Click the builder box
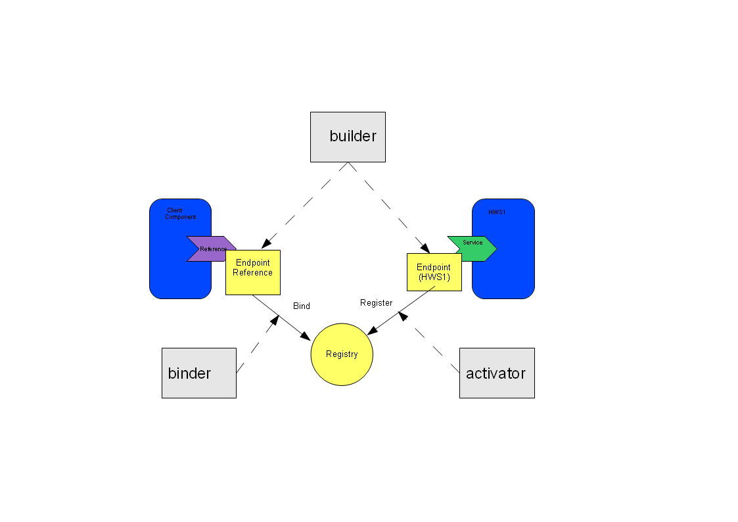pyautogui.click(x=348, y=137)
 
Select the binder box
pyautogui.click(x=199, y=373)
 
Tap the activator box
pyautogui.click(x=497, y=373)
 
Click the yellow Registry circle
pyautogui.click(x=342, y=354)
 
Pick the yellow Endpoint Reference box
pyautogui.click(x=253, y=273)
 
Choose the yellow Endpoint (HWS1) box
pyautogui.click(x=434, y=273)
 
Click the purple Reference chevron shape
pyautogui.click(x=207, y=249)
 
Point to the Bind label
pyautogui.click(x=302, y=306)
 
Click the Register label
pyautogui.click(x=376, y=302)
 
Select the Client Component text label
pyautogui.click(x=180, y=214)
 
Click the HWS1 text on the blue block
pyautogui.click(x=497, y=212)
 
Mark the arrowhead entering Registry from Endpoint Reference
pyautogui.click(x=306, y=335)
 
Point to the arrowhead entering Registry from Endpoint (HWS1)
pyautogui.click(x=373, y=331)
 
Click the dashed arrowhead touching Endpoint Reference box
pyautogui.click(x=266, y=243)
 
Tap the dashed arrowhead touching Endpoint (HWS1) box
pyautogui.click(x=425, y=248)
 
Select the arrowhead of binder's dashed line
pyautogui.click(x=275, y=320)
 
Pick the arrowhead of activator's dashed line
pyautogui.click(x=402, y=316)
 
